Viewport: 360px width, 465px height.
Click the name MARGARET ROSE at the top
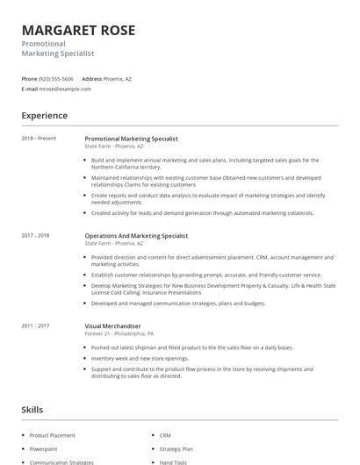78,31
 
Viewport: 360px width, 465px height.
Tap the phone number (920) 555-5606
57,79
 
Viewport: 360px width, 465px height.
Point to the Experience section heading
44,116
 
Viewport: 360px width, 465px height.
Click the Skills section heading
32,410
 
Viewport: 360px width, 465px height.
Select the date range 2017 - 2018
35,235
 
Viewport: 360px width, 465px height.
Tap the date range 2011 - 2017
35,325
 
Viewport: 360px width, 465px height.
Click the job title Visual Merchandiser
112,325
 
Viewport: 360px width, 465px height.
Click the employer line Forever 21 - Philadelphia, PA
119,334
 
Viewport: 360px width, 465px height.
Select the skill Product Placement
53,435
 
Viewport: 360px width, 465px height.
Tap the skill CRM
165,435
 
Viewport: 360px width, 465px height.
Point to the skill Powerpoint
43,448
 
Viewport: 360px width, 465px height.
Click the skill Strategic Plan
176,448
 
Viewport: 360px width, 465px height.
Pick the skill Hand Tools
173,461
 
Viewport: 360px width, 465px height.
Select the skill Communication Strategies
61,461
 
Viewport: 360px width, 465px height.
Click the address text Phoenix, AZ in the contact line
118,79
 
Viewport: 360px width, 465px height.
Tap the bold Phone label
29,79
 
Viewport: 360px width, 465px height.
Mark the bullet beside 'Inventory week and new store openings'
85,357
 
